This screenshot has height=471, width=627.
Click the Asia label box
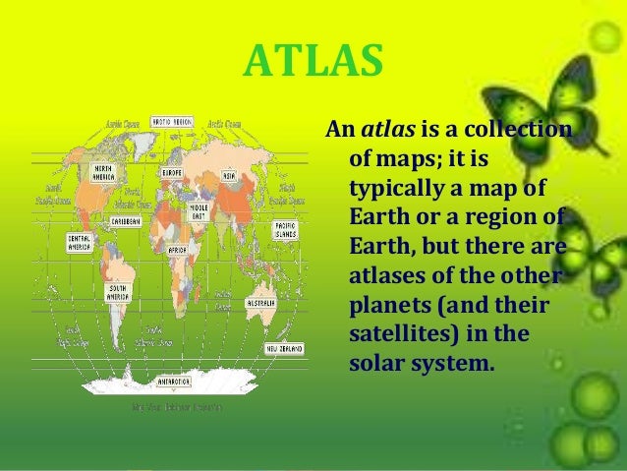(229, 175)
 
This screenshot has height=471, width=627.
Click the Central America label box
(81, 241)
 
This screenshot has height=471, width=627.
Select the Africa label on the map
(178, 250)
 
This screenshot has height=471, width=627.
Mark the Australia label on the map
(260, 304)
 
